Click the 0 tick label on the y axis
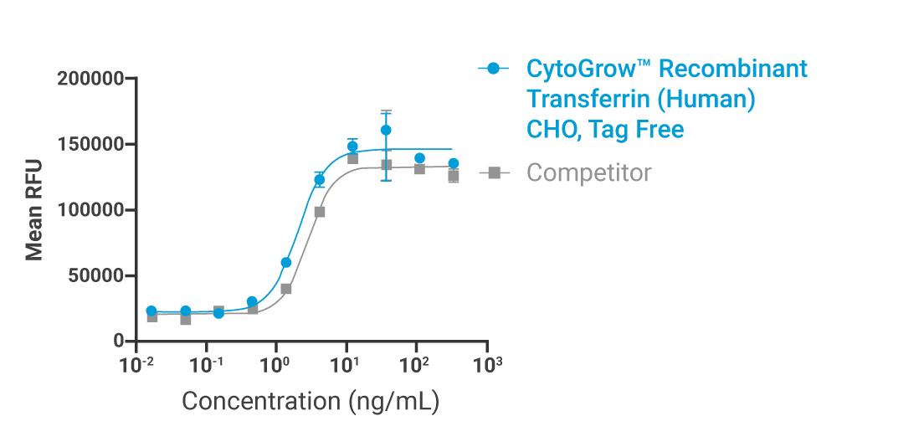click(118, 342)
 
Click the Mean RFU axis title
click(34, 210)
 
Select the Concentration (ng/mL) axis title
click(311, 401)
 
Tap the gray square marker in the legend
click(494, 173)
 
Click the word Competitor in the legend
click(588, 173)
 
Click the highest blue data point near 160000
click(386, 130)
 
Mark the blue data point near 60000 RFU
click(285, 262)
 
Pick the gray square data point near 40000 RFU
click(285, 289)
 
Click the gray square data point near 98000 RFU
click(320, 212)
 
